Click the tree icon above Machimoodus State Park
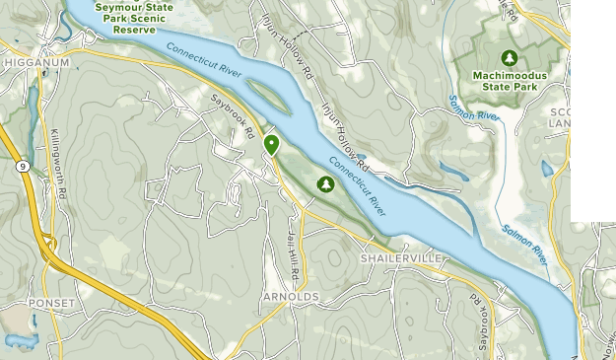click(x=510, y=57)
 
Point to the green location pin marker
click(x=271, y=146)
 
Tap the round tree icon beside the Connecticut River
click(x=325, y=183)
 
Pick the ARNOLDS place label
click(x=291, y=296)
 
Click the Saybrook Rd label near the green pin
click(x=237, y=115)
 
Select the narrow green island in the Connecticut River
click(x=263, y=92)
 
